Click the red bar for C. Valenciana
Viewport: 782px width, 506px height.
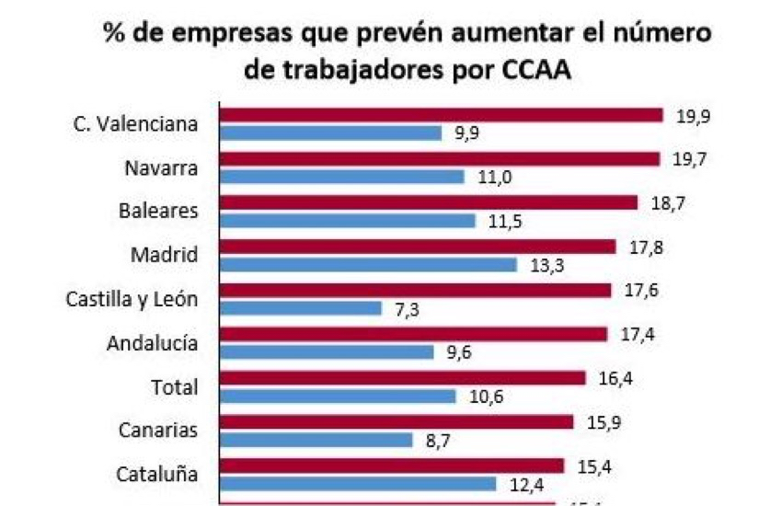pyautogui.click(x=442, y=115)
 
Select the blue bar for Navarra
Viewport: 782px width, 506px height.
pyautogui.click(x=342, y=177)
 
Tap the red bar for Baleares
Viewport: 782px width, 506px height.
pyautogui.click(x=429, y=202)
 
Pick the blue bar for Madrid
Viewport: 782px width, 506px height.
pyautogui.click(x=369, y=265)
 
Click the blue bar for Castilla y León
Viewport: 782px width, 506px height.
pyautogui.click(x=301, y=308)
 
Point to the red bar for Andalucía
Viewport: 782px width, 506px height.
pyautogui.click(x=414, y=333)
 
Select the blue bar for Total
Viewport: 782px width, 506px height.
pyautogui.click(x=339, y=396)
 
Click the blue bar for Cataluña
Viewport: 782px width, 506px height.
pyautogui.click(x=359, y=483)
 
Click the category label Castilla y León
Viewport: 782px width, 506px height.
pyautogui.click(x=132, y=299)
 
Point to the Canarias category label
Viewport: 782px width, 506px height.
pyautogui.click(x=158, y=431)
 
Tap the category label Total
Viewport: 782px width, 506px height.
pyautogui.click(x=174, y=386)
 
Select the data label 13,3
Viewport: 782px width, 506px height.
pyautogui.click(x=543, y=265)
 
